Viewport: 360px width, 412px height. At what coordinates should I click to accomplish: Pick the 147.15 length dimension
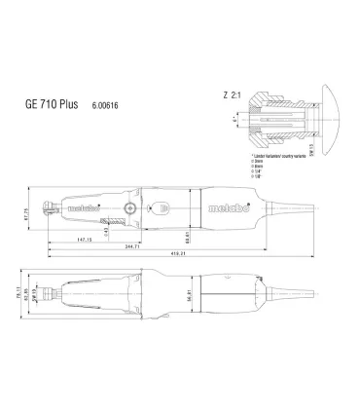[93, 237]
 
